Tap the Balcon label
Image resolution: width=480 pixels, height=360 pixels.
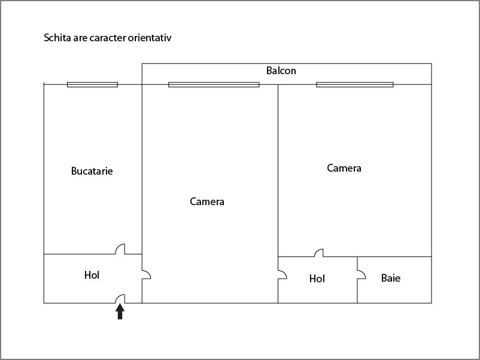point(281,71)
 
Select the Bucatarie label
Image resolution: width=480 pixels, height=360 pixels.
point(92,171)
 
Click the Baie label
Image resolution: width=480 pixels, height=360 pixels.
point(391,278)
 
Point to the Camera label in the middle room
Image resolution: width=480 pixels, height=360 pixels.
point(207,202)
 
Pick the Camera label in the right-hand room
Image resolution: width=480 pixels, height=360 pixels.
point(344,168)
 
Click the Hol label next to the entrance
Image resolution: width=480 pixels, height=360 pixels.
point(92,275)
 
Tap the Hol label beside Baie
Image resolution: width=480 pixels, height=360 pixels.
point(317,279)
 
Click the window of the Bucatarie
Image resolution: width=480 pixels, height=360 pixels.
point(92,84)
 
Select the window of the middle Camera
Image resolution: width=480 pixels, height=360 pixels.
point(214,84)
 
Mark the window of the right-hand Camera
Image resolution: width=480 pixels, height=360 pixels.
point(354,84)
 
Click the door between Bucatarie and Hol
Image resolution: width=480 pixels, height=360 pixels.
point(120,249)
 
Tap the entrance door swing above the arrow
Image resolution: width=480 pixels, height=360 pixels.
point(120,298)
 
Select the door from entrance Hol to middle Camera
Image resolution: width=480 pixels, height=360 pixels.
point(145,274)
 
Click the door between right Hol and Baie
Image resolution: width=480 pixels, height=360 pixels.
point(361,274)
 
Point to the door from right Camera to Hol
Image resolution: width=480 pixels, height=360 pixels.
point(318,253)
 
